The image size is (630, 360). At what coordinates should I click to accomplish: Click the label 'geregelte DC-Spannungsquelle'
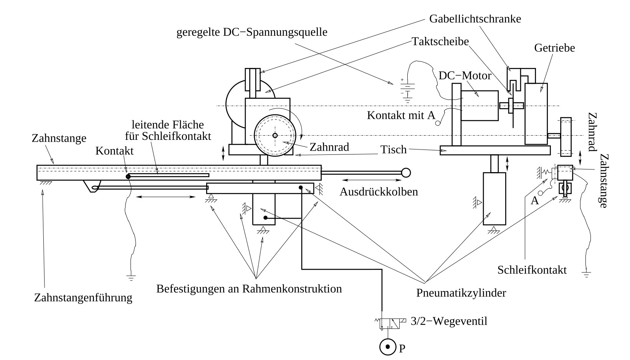[252, 32]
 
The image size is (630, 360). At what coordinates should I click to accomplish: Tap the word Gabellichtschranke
[475, 18]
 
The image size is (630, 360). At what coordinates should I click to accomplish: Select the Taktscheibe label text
[440, 41]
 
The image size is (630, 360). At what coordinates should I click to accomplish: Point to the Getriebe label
[554, 48]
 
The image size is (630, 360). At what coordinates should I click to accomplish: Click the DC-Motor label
[465, 75]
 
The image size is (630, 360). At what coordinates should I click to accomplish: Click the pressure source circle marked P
[387, 347]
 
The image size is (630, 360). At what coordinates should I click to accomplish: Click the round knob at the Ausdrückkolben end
[406, 173]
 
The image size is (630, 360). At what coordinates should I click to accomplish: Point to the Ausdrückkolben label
[379, 191]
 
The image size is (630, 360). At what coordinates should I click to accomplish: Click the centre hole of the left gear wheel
[275, 135]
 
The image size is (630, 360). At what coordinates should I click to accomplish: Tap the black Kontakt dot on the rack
[128, 176]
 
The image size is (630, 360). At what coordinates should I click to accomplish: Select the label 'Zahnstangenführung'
[83, 297]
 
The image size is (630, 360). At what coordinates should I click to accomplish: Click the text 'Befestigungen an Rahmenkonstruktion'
[249, 289]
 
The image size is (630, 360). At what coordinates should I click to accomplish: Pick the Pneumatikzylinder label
[461, 293]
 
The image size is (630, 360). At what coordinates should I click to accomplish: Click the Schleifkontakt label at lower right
[532, 270]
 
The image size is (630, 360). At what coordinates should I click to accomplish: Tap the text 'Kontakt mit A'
[401, 115]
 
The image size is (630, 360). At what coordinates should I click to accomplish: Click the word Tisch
[394, 149]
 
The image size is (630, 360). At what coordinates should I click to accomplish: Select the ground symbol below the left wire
[131, 277]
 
